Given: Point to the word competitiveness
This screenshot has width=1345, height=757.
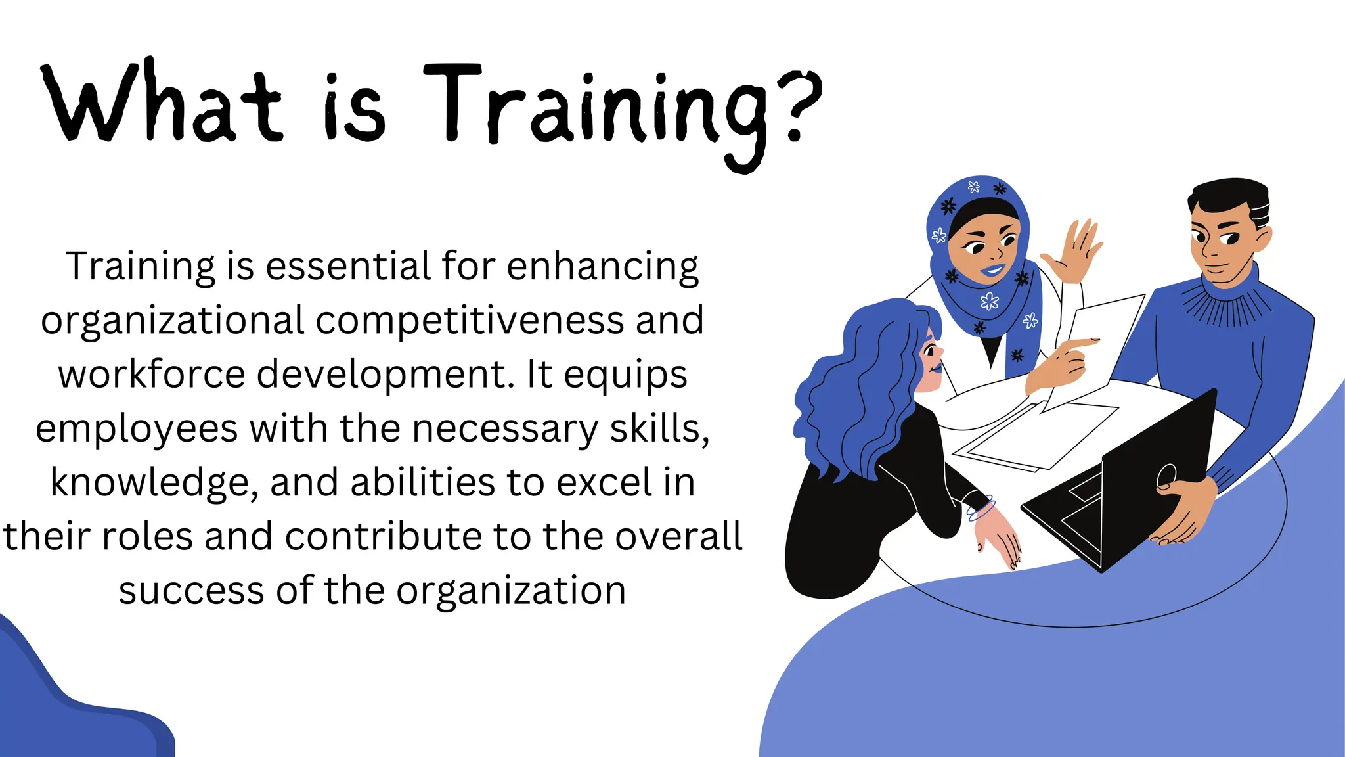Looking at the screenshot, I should [x=470, y=320].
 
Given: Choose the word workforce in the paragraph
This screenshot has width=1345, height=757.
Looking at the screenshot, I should [x=152, y=374].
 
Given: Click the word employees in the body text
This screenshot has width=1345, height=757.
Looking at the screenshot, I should [x=137, y=428].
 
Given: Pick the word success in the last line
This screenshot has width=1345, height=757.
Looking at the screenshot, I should [x=191, y=590].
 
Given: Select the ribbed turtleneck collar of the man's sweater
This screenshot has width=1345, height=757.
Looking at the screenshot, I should [x=1225, y=302].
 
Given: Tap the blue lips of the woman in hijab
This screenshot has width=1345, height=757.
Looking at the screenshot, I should [x=994, y=270].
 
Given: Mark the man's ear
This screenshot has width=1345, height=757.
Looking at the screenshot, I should [x=1262, y=240].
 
